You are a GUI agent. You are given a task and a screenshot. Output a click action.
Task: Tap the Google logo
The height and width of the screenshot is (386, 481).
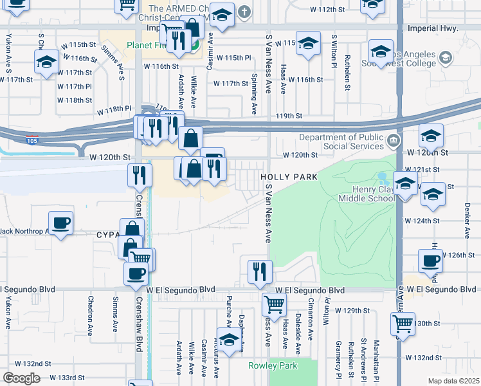tap(21, 378)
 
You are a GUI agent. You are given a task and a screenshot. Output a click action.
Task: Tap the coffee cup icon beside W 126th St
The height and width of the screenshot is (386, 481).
tap(430, 261)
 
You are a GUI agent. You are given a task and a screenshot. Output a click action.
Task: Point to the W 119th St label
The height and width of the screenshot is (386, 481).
tap(289, 116)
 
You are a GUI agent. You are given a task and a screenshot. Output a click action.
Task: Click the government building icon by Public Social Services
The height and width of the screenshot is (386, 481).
tap(393, 140)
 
